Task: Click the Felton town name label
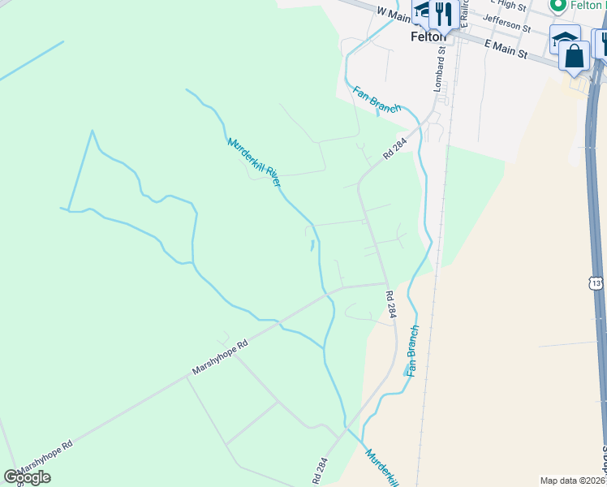tap(428, 37)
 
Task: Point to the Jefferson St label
tap(506, 23)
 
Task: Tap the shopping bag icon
tap(575, 56)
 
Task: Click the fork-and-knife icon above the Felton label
tap(442, 13)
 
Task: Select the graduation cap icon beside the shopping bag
tap(564, 37)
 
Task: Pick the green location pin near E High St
tap(557, 6)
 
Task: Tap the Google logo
tap(27, 477)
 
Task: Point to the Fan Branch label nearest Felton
tap(377, 98)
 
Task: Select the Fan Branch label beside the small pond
tap(412, 350)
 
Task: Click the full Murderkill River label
tap(254, 162)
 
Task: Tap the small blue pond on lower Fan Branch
tap(407, 371)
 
